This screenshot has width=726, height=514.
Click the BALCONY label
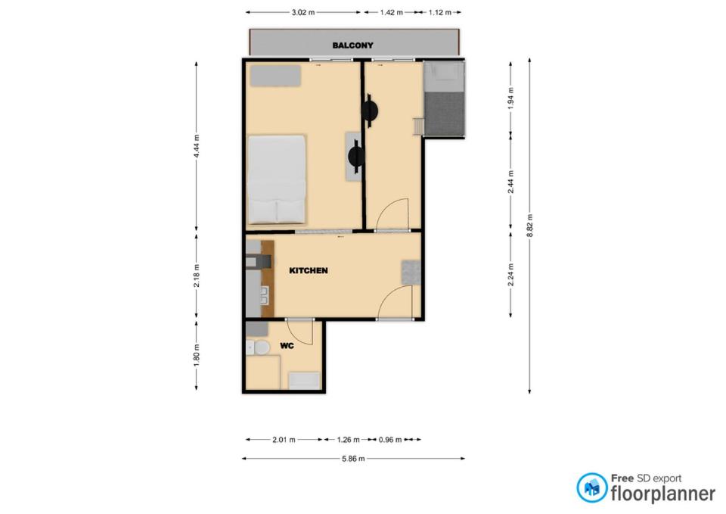[352, 45]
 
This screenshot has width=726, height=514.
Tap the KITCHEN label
[309, 271]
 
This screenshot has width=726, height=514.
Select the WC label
[287, 346]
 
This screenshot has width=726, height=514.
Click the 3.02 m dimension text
[302, 13]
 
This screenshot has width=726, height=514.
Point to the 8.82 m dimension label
[529, 226]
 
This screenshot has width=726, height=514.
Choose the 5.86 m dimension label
[353, 459]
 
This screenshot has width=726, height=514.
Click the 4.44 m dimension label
[197, 146]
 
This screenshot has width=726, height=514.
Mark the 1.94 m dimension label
[510, 98]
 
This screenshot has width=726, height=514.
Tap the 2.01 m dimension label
[284, 439]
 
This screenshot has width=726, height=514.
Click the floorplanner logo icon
[591, 488]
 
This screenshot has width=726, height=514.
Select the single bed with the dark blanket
[444, 99]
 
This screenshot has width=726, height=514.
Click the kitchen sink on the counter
[265, 294]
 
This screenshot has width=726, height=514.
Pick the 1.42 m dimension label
[391, 13]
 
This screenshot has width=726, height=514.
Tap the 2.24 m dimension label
[510, 275]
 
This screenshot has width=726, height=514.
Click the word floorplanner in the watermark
[663, 494]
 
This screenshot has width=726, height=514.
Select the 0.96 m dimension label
[390, 439]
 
